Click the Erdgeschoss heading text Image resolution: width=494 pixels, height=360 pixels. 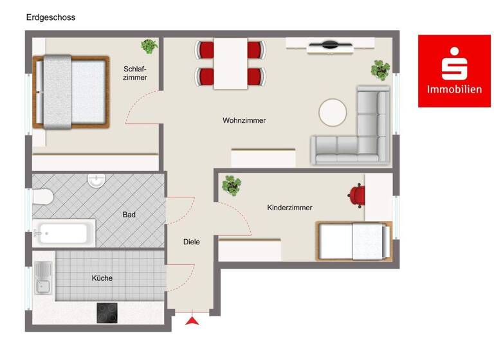tap(50, 17)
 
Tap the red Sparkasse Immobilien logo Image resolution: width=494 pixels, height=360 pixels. tap(454, 71)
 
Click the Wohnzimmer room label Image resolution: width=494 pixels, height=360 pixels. tap(244, 120)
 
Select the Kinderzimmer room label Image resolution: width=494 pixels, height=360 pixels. tap(289, 208)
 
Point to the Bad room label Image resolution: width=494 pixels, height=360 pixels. tap(129, 215)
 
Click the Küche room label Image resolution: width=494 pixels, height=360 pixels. tap(102, 278)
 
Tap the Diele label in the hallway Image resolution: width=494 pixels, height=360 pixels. tap(191, 242)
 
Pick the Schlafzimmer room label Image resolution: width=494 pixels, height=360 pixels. tap(135, 73)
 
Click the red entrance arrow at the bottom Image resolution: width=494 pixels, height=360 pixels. tap(192, 319)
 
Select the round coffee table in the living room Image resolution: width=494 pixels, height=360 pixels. tap(333, 113)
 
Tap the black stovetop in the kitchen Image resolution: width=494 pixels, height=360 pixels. tap(107, 312)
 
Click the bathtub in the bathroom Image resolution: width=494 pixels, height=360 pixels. tap(62, 233)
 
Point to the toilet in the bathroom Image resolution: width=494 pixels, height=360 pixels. tap(42, 197)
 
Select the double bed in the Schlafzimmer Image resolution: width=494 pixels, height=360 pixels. tap(71, 92)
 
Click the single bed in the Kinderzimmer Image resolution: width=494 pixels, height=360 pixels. tap(353, 241)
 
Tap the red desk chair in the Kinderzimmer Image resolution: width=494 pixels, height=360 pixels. tap(356, 195)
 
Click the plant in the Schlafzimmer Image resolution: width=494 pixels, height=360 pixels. tap(149, 46)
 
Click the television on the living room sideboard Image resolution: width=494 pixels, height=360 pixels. tap(329, 45)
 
